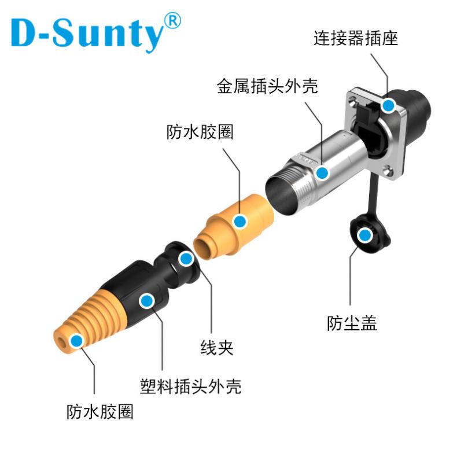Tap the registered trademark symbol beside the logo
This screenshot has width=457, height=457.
coord(172,21)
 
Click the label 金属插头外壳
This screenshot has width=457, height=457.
coord(267,87)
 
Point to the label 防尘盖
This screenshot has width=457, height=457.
coord(352,323)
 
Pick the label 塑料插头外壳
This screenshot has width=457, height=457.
coord(191,385)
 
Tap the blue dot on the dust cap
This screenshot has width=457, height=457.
coord(364,235)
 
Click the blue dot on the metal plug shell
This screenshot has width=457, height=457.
coord(323,172)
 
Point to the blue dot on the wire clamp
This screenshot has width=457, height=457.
coord(185,259)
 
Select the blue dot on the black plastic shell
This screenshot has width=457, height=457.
coord(147,300)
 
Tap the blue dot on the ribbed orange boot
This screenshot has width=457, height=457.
coord(76,340)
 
